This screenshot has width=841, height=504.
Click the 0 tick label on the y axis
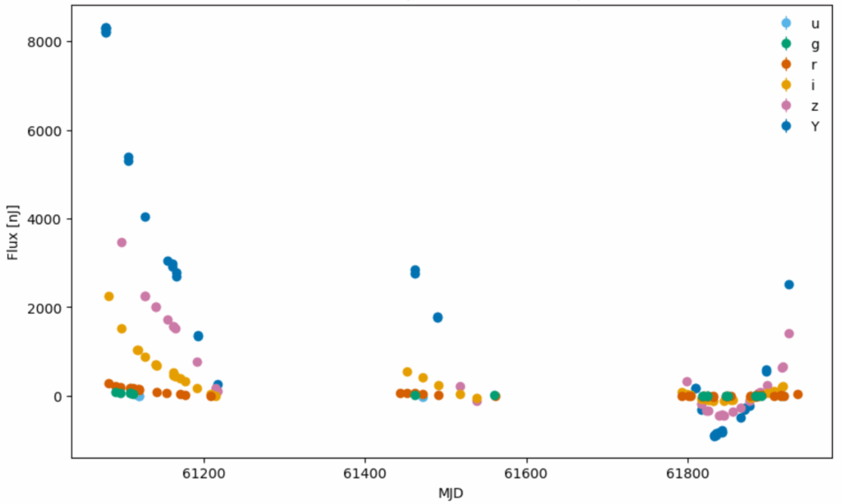[x=59, y=396]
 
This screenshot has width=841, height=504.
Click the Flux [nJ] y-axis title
[x=13, y=232]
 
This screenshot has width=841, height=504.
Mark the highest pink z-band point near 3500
[x=122, y=242]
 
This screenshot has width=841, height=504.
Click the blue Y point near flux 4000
[x=145, y=217]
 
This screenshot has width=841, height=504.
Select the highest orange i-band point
[x=108, y=296]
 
